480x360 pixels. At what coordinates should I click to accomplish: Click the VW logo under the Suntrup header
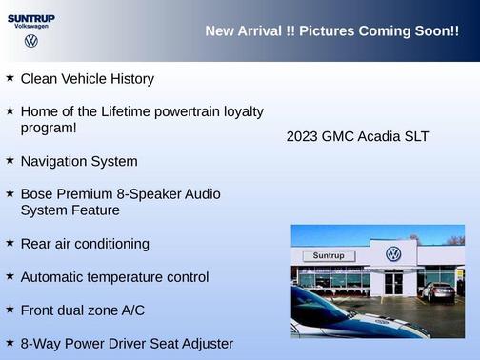click(30, 41)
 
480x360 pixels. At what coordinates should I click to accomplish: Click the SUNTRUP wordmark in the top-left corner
click(30, 18)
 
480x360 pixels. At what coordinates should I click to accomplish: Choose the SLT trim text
click(416, 136)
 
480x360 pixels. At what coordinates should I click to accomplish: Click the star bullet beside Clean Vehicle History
click(10, 78)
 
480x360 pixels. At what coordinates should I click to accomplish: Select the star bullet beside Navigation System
click(10, 161)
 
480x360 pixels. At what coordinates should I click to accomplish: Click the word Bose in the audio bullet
click(37, 194)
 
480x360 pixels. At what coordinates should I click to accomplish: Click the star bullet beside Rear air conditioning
click(10, 243)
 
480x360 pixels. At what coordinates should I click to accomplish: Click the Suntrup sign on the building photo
click(328, 256)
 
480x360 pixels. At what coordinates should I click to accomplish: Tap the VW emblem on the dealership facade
click(393, 253)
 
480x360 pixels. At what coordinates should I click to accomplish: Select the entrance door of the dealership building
click(393, 283)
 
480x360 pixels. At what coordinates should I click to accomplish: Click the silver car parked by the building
click(438, 292)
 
